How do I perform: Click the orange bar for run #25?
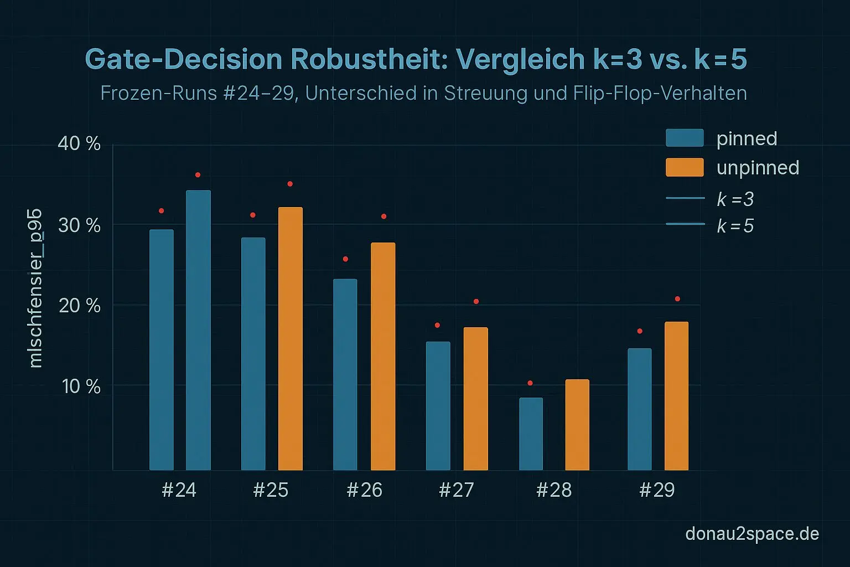(290, 338)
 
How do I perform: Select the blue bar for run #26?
(345, 374)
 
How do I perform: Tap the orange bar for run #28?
(577, 425)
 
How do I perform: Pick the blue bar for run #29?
(639, 409)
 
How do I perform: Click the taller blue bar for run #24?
(198, 330)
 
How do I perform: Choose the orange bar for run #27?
(475, 399)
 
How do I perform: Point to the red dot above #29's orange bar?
(677, 299)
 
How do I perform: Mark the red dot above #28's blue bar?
(530, 383)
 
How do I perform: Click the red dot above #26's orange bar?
(383, 217)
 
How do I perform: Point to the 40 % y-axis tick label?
(79, 144)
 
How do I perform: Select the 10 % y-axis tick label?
(81, 386)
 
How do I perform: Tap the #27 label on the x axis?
(456, 490)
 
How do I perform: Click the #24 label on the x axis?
(179, 490)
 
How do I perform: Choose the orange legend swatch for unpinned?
(685, 167)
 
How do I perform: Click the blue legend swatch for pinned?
(685, 138)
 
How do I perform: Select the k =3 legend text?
(735, 199)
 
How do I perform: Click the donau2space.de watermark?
(751, 534)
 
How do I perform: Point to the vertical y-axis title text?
(35, 288)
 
